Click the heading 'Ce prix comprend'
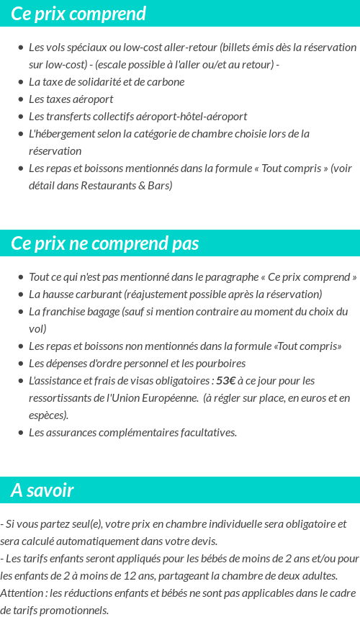pyautogui.click(x=78, y=14)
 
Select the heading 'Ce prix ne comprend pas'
pyautogui.click(x=105, y=243)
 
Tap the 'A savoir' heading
pyautogui.click(x=42, y=490)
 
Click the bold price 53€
pyautogui.click(x=226, y=380)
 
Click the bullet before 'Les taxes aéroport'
pyautogui.click(x=21, y=99)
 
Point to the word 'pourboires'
pyautogui.click(x=220, y=363)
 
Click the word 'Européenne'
pyautogui.click(x=162, y=397)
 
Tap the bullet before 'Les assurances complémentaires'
pyautogui.click(x=21, y=433)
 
